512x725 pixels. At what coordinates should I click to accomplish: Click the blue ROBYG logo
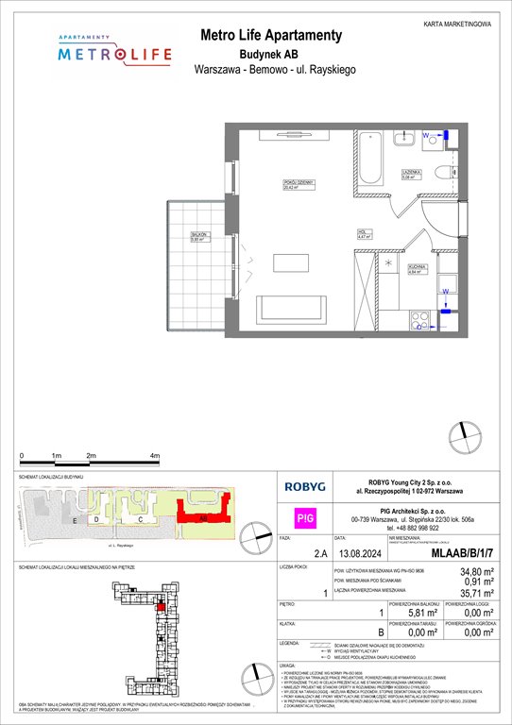click(305, 487)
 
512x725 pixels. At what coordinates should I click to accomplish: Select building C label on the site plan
click(140, 519)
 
